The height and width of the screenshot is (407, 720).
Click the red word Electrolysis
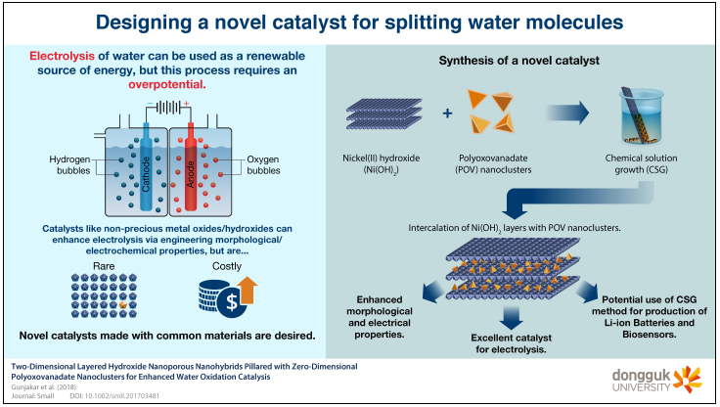[x=62, y=56]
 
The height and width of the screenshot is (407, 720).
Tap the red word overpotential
[x=167, y=84]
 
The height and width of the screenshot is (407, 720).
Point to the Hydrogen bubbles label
[x=69, y=165]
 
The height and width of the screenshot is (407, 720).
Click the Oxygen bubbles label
[x=263, y=165]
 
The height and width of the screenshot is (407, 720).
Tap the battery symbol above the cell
[x=168, y=108]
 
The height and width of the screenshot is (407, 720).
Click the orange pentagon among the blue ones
[x=123, y=304]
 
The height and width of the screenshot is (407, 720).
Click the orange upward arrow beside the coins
[x=247, y=290]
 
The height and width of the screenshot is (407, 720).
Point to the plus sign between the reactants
[x=447, y=113]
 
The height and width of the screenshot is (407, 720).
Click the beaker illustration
[x=641, y=114]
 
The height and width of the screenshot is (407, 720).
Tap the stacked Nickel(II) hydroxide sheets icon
[x=383, y=113]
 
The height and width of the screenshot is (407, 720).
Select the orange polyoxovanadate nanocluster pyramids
[x=491, y=112]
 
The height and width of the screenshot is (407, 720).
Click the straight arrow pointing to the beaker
[x=567, y=113]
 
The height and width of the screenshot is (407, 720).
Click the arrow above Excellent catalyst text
[x=511, y=317]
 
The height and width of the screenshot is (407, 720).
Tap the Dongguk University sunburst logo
[x=687, y=380]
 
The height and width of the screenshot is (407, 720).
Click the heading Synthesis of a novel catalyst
[x=518, y=61]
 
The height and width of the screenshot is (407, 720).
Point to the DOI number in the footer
[x=114, y=396]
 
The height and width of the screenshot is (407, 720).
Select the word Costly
[x=227, y=266]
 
